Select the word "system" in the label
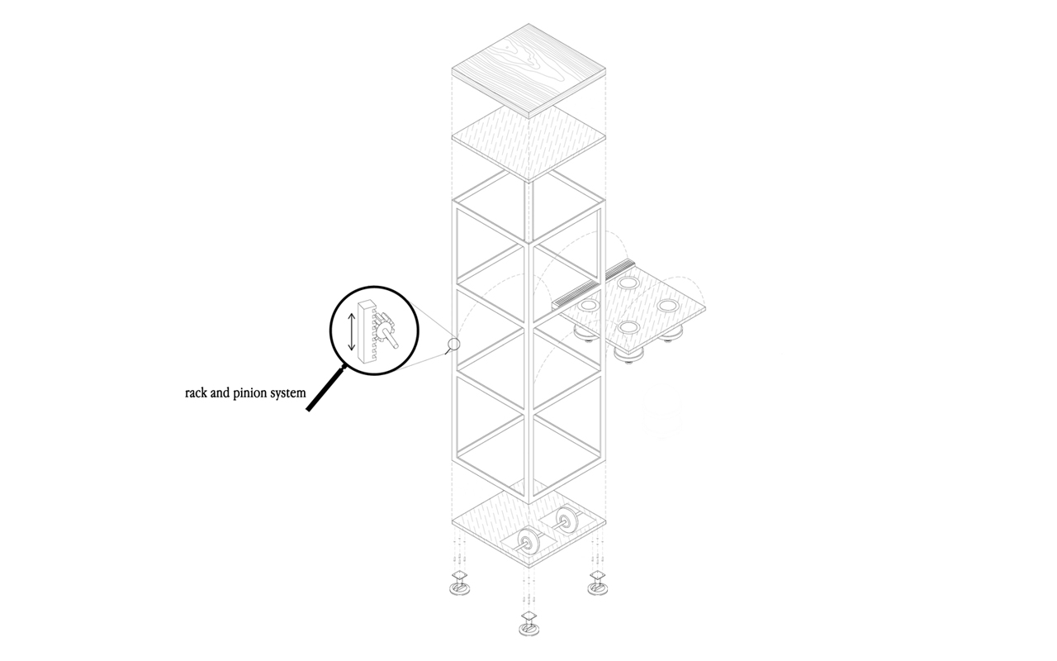(x=287, y=394)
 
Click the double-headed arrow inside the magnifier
(x=352, y=329)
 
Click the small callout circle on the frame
(x=453, y=344)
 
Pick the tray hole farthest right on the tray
(x=668, y=306)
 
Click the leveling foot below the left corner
(x=459, y=583)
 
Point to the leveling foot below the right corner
(x=597, y=583)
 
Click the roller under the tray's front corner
(x=629, y=355)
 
